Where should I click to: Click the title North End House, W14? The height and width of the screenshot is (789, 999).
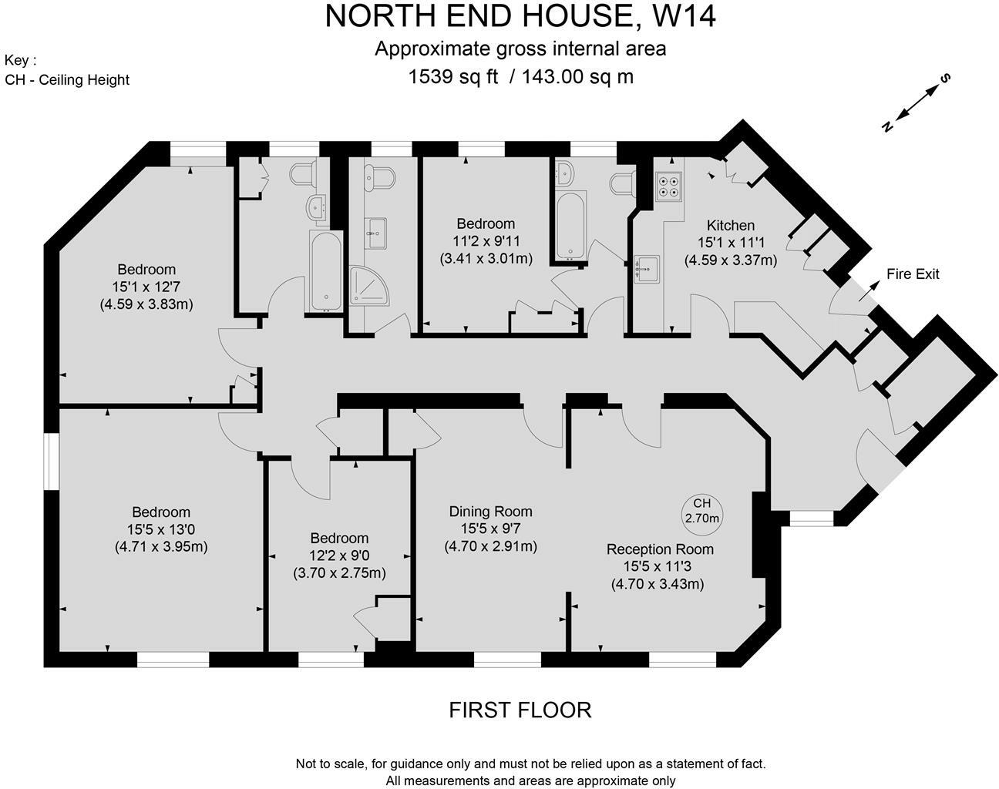[520, 16]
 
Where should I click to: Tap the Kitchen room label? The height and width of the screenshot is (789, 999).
[730, 225]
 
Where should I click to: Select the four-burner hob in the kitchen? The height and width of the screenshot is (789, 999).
[668, 186]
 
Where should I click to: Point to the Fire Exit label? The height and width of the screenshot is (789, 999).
[913, 274]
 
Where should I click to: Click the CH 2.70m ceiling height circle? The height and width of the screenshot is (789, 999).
[701, 511]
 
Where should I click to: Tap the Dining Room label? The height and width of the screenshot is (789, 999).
[490, 512]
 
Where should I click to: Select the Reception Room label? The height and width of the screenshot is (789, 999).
[659, 549]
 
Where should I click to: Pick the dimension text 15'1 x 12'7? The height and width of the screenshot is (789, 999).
[146, 287]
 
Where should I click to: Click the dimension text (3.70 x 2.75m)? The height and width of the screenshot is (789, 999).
[339, 573]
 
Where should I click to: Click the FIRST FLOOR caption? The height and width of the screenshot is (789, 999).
[520, 710]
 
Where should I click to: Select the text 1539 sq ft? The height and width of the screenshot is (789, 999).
[453, 76]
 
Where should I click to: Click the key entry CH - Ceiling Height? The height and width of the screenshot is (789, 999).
[67, 79]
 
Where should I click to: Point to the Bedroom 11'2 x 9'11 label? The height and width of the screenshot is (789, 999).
[486, 224]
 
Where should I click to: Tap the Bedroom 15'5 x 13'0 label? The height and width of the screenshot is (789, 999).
[160, 512]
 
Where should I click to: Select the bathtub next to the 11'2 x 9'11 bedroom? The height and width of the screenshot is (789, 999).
[570, 225]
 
